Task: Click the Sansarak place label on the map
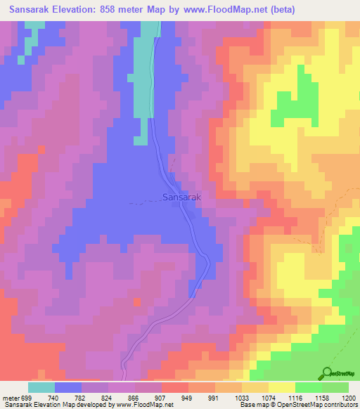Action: click(182, 198)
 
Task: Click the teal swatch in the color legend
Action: click(41, 387)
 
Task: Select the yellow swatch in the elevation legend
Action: click(281, 387)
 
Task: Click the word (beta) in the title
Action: click(281, 8)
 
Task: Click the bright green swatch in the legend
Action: click(308, 387)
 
